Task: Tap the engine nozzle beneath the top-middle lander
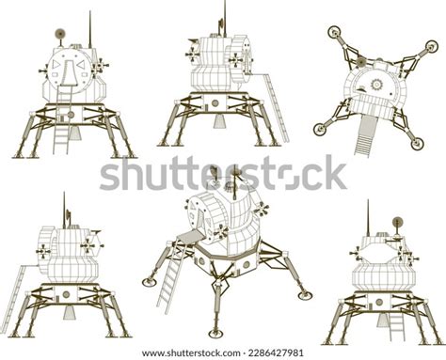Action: (219, 121)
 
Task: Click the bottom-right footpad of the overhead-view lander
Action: (416, 143)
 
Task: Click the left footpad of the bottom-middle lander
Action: (151, 280)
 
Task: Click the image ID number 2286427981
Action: (274, 353)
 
